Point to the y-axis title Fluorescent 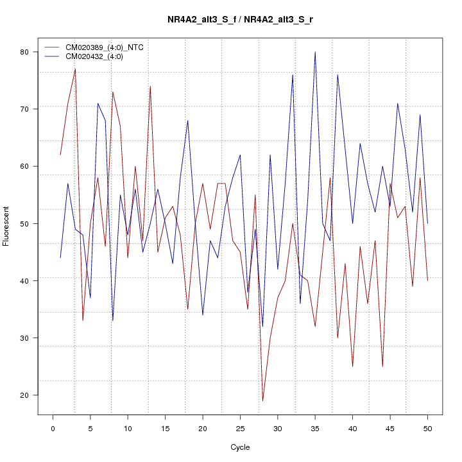pyautogui.click(x=6, y=226)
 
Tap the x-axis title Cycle pyautogui.click(x=240, y=447)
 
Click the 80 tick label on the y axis pyautogui.click(x=26, y=52)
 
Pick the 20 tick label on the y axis pyautogui.click(x=26, y=395)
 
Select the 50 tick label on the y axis pyautogui.click(x=26, y=223)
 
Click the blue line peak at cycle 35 pyautogui.click(x=315, y=52)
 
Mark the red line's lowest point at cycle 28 pyautogui.click(x=262, y=401)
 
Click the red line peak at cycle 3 pyautogui.click(x=75, y=69)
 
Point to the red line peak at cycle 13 pyautogui.click(x=150, y=86)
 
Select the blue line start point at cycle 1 pyautogui.click(x=60, y=258)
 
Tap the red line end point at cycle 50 pyautogui.click(x=427, y=280)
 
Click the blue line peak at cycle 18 pyautogui.click(x=187, y=121)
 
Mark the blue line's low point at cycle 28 pyautogui.click(x=262, y=327)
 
